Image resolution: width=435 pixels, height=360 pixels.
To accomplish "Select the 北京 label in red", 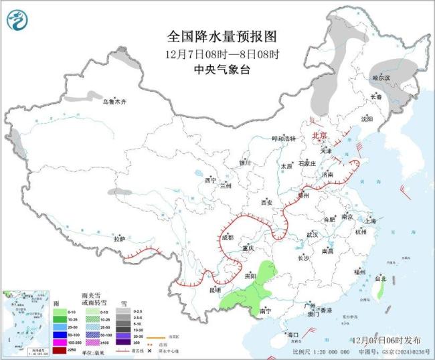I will click(x=319, y=135).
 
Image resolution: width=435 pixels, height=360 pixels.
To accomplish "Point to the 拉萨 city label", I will click(x=120, y=239).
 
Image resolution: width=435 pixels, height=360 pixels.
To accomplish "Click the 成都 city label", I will click(x=226, y=238).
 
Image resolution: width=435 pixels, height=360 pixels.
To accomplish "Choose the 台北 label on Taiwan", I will click(x=380, y=278).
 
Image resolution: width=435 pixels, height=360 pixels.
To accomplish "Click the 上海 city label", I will click(x=367, y=220).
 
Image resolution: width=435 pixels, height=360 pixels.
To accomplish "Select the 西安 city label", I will click(x=268, y=202).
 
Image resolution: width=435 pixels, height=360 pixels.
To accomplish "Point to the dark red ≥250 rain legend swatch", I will click(x=59, y=349).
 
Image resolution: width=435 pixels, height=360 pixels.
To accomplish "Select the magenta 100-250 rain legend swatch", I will click(x=59, y=342).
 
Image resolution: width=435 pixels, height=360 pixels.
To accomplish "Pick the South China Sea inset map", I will click(x=24, y=321).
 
